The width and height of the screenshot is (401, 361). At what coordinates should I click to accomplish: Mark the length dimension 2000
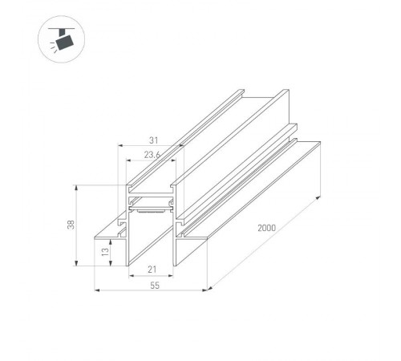[268, 229]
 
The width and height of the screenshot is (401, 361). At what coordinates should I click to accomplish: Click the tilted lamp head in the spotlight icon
[63, 39]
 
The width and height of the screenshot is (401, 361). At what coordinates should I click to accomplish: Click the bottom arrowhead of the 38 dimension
[76, 264]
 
